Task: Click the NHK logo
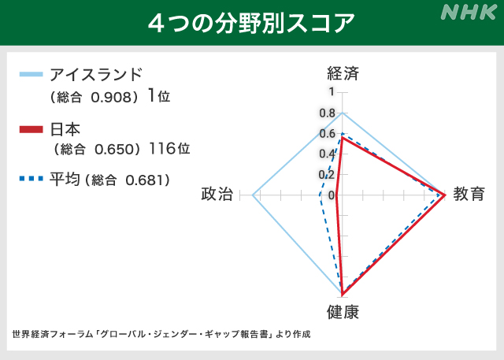(469, 13)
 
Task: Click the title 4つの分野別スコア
(251, 23)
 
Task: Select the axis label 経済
(343, 73)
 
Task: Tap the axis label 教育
(469, 194)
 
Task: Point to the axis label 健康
(343, 312)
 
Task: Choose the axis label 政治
(217, 194)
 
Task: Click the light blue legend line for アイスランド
(31, 75)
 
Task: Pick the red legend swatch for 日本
(31, 129)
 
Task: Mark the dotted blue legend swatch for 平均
(31, 178)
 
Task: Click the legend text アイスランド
(96, 75)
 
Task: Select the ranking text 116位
(169, 149)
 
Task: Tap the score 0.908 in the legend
(111, 97)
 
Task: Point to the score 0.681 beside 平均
(146, 180)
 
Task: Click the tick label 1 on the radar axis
(332, 92)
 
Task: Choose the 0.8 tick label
(328, 113)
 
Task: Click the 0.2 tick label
(327, 175)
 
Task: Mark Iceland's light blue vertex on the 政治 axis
(253, 195)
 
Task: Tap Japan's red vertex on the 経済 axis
(343, 137)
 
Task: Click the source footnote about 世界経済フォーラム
(161, 334)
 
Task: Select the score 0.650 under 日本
(115, 149)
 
